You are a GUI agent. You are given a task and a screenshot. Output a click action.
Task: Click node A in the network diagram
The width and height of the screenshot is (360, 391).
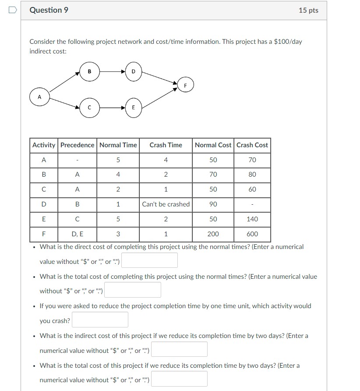coord(39,97)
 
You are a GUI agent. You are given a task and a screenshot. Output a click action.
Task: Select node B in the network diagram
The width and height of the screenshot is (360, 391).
coord(89,71)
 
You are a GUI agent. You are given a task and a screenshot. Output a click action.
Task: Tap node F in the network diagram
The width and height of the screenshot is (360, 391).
coord(185,85)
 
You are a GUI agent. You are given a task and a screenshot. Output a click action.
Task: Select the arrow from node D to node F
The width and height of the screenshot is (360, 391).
coord(159,78)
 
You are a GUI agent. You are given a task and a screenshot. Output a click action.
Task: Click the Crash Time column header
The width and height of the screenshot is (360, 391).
coord(166,145)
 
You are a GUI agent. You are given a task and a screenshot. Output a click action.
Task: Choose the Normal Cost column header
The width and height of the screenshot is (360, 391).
coord(213,145)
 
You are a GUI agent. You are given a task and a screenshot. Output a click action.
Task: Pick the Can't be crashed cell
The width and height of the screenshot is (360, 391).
coord(166,204)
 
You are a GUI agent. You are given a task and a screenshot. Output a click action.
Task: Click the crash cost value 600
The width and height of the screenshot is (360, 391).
coord(252,234)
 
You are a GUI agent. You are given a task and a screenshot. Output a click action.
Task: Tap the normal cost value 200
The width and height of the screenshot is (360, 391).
coord(213,234)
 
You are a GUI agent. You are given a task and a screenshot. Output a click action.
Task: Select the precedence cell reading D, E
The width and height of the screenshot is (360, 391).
coord(78,234)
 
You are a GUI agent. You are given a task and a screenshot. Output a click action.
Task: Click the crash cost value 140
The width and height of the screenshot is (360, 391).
coord(252,219)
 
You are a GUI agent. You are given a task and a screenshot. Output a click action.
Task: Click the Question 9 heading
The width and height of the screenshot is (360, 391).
coord(49,10)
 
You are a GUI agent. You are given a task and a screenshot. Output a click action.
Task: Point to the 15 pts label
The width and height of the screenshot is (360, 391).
coord(308,10)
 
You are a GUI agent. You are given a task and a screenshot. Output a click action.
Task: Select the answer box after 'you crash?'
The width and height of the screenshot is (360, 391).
coord(100,320)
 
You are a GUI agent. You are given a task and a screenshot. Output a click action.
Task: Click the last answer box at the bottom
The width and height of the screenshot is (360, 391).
coord(179,379)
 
